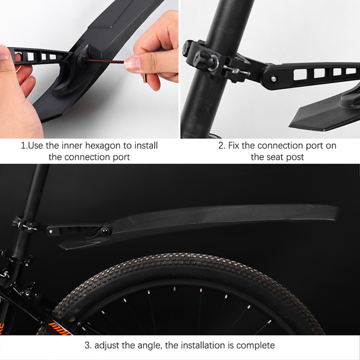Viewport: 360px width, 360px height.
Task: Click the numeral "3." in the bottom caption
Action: pyautogui.click(x=88, y=345)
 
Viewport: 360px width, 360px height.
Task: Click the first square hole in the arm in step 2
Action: pyautogui.click(x=300, y=74)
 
